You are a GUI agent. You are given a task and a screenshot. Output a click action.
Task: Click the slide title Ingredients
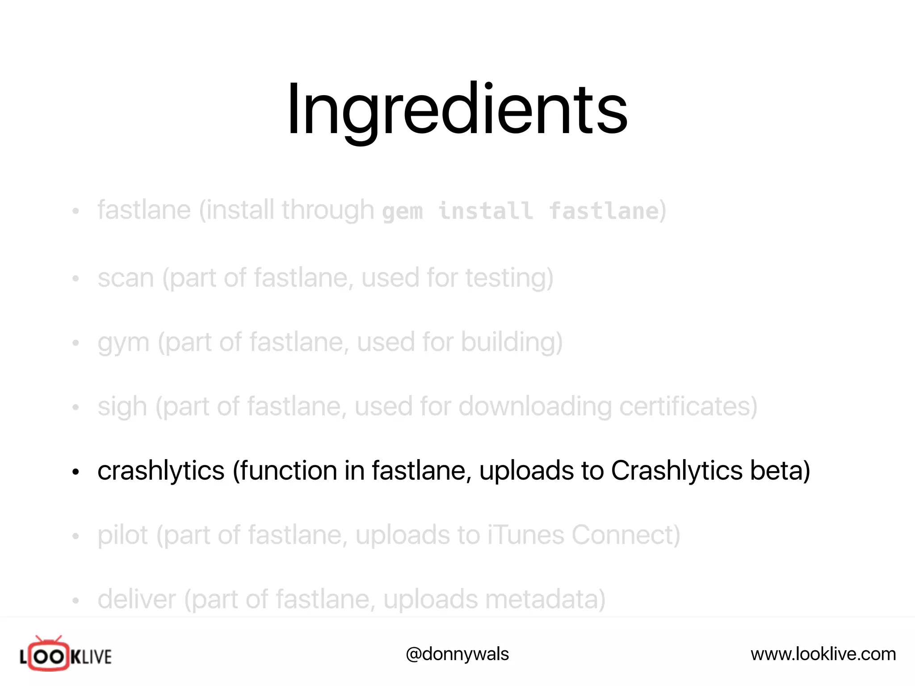(457, 109)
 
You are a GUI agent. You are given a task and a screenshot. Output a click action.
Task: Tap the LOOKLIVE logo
(66, 655)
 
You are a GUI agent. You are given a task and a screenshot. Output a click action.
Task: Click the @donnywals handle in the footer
(457, 654)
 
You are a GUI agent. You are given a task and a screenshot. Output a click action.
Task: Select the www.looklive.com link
(823, 654)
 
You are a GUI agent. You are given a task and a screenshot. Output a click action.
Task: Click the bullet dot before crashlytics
(76, 472)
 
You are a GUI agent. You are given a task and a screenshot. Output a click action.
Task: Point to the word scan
(126, 278)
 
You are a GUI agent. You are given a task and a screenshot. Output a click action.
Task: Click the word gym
(123, 343)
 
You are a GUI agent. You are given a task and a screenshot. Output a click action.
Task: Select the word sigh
(122, 407)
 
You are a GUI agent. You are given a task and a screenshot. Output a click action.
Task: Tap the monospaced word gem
(402, 211)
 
